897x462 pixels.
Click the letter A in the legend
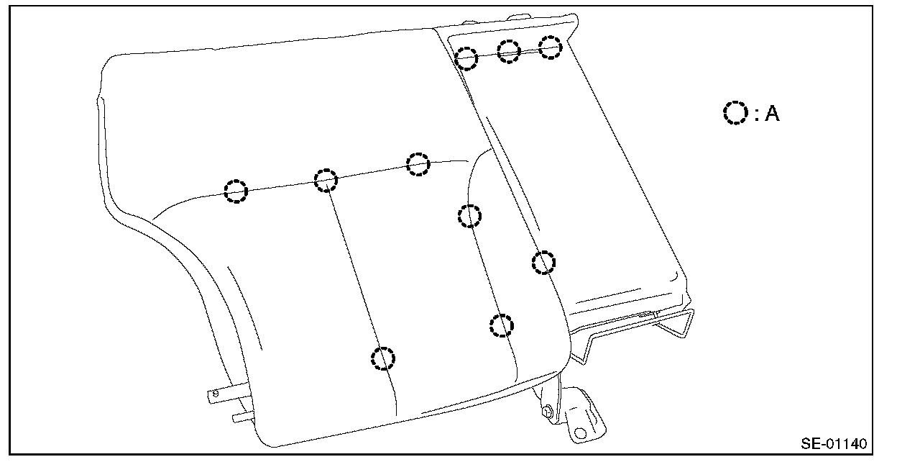click(772, 113)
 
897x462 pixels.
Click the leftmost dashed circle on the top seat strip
click(466, 58)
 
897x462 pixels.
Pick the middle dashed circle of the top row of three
click(509, 51)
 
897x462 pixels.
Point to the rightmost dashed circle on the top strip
click(551, 47)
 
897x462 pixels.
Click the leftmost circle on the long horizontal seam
click(236, 191)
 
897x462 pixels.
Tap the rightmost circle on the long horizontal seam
click(418, 163)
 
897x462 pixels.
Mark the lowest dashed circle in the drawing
click(384, 358)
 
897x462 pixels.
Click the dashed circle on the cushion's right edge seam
click(544, 263)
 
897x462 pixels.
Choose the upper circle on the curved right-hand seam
click(469, 215)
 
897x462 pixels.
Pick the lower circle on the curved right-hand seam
click(502, 325)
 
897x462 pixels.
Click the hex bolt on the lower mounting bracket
click(548, 411)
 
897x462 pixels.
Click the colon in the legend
click(757, 114)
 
